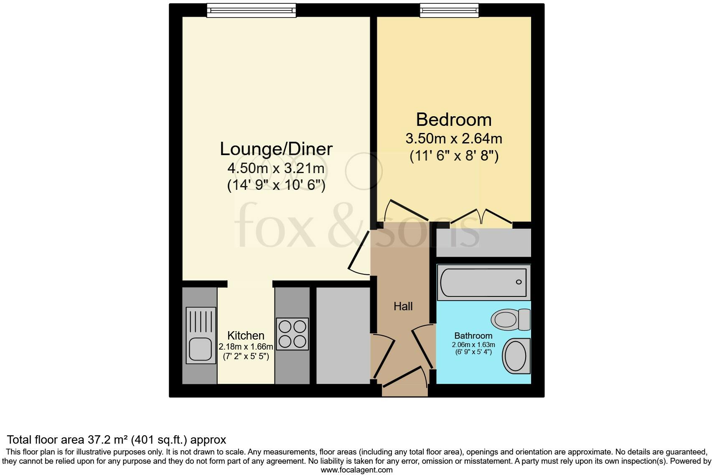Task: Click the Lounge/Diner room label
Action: point(276,149)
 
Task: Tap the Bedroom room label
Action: point(453,120)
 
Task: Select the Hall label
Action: point(403,306)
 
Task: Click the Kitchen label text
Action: point(246,336)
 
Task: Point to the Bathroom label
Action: point(473,336)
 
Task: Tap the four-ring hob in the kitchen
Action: point(292,334)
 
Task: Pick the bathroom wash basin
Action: point(516,356)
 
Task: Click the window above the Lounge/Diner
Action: point(251,10)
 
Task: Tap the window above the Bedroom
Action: point(449,10)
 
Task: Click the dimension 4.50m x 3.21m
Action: point(276,169)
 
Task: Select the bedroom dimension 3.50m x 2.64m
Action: point(453,138)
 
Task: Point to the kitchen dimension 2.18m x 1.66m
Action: point(246,347)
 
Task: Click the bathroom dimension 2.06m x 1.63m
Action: point(473,345)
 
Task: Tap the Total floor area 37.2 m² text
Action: point(117,439)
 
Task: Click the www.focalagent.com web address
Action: point(356,470)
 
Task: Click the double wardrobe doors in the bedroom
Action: point(482,216)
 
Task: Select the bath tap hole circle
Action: point(519,282)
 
